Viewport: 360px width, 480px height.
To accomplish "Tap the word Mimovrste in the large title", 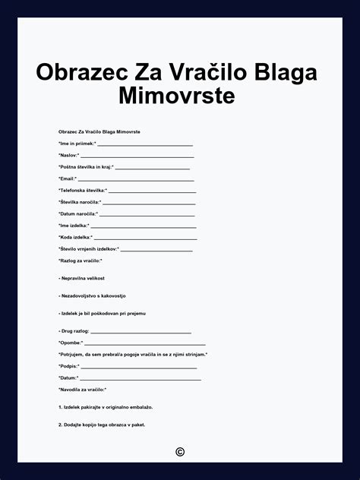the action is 177,96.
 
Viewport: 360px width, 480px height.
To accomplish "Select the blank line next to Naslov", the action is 137,156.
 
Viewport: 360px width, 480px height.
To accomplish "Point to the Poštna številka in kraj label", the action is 86,167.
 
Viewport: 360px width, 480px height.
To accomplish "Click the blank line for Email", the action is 137,179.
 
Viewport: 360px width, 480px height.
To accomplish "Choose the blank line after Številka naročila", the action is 149,203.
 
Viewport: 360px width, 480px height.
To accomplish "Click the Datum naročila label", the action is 78,214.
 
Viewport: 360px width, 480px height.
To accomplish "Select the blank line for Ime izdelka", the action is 144,226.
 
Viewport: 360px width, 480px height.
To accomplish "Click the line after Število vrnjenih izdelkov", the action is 156,249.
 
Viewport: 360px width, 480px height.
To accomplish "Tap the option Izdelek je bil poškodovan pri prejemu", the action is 102,313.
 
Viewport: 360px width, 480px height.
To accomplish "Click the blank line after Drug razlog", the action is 141,332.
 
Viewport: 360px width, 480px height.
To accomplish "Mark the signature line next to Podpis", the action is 138,367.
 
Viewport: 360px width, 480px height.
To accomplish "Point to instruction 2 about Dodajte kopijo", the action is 101,425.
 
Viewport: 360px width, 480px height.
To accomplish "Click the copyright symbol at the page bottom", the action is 180,452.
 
